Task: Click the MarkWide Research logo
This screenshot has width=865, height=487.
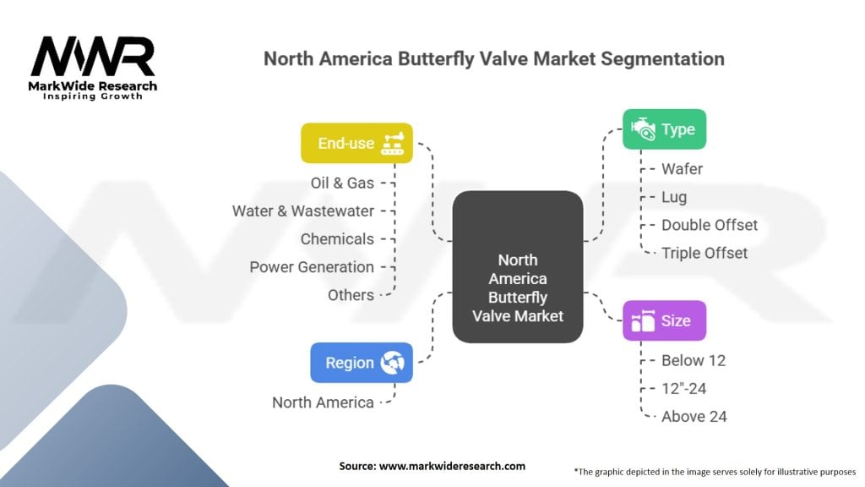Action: pos(93,66)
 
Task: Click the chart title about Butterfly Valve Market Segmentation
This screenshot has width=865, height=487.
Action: pos(493,59)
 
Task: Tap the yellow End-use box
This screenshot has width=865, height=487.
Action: pos(357,143)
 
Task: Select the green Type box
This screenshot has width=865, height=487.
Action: pos(664,129)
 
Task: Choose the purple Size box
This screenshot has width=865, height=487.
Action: pos(664,320)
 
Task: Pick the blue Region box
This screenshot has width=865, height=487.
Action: pos(362,363)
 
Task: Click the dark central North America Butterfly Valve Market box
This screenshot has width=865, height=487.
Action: pos(518,267)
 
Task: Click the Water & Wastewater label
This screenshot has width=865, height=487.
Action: pos(302,211)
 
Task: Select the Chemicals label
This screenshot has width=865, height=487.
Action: pos(337,238)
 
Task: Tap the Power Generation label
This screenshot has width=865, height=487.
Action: pos(312,266)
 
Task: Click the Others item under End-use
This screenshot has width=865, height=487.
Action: pos(351,294)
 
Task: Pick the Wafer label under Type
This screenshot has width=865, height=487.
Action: pos(682,169)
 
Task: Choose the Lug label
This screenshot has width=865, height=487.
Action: pos(674,197)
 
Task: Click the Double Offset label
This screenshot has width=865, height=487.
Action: pos(710,225)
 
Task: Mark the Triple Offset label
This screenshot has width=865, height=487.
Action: pos(705,252)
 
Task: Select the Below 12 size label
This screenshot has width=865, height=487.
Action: pos(694,360)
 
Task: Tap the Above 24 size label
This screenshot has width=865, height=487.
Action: pos(694,416)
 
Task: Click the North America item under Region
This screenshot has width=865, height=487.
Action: pos(323,402)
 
